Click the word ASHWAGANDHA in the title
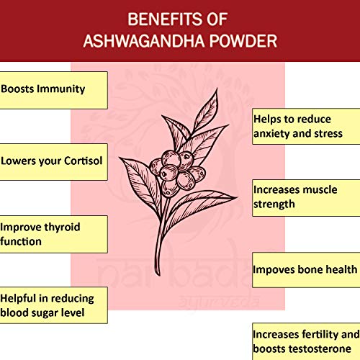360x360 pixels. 144,41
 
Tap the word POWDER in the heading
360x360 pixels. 243,41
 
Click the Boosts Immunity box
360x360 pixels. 53,90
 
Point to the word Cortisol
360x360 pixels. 84,161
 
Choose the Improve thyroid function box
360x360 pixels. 53,234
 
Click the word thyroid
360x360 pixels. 62,227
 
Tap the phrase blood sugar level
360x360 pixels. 42,312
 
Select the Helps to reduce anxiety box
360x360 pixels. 306,127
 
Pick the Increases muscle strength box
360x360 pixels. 306,198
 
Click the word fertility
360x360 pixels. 323,335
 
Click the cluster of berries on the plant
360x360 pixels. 177,173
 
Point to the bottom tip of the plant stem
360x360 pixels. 158,275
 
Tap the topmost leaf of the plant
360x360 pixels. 207,109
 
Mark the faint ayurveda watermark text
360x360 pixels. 219,302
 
